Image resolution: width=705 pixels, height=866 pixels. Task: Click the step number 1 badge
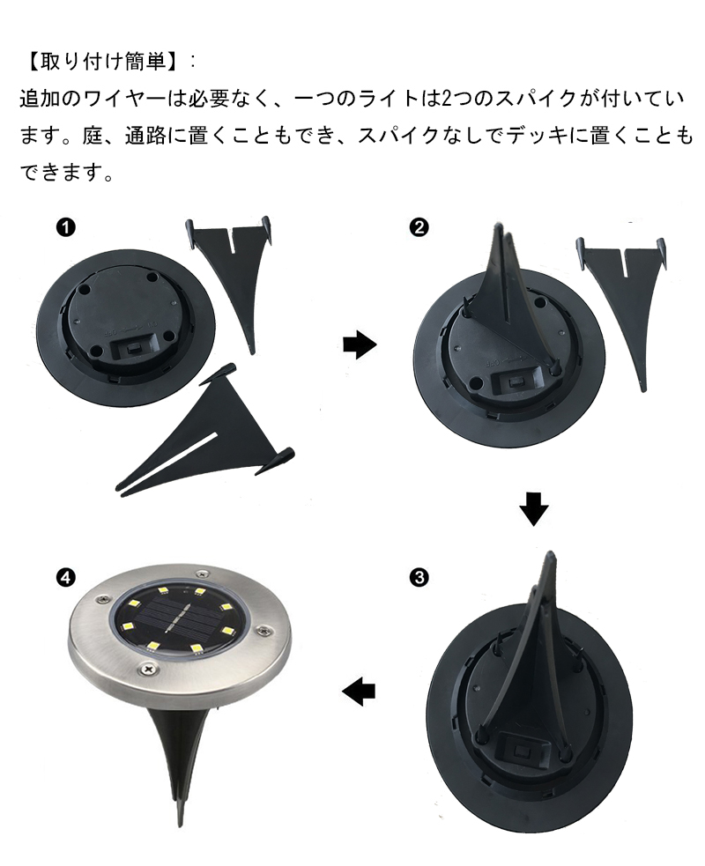point(66,228)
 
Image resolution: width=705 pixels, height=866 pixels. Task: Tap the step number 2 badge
point(419,227)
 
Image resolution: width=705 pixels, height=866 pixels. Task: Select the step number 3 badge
point(419,578)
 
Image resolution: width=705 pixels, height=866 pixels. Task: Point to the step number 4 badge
point(66,578)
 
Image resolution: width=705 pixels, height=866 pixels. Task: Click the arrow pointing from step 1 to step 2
point(360,344)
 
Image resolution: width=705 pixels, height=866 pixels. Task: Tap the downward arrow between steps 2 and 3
point(534,507)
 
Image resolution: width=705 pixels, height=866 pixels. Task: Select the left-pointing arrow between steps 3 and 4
point(359,691)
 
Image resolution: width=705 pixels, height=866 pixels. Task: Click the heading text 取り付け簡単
point(104,62)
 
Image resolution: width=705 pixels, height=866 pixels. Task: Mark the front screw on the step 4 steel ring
point(147,668)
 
